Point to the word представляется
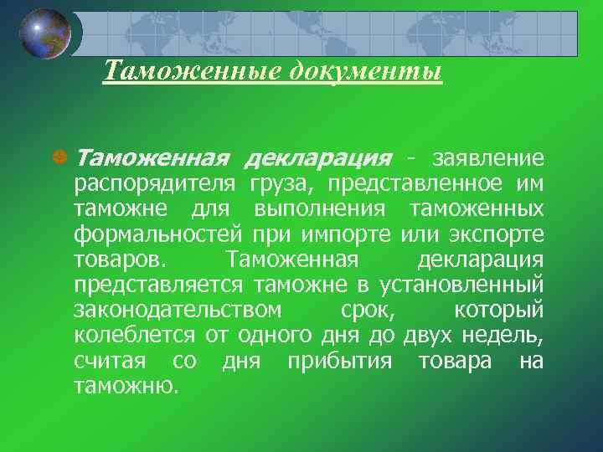(x=158, y=285)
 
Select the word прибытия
(x=339, y=362)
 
